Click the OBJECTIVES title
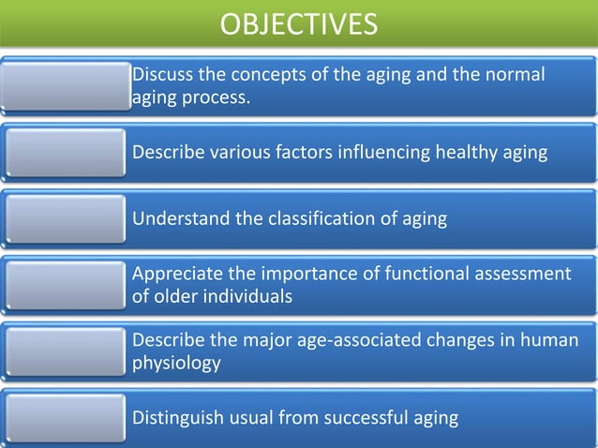pyautogui.click(x=299, y=23)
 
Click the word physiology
pyautogui.click(x=176, y=363)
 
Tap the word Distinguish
pyautogui.click(x=176, y=417)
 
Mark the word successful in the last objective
pyautogui.click(x=366, y=417)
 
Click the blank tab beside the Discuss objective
pyautogui.click(x=66, y=85)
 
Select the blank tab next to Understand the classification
pyautogui.click(x=66, y=219)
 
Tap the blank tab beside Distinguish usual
pyautogui.click(x=66, y=417)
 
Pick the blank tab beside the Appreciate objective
pyautogui.click(x=66, y=284)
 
